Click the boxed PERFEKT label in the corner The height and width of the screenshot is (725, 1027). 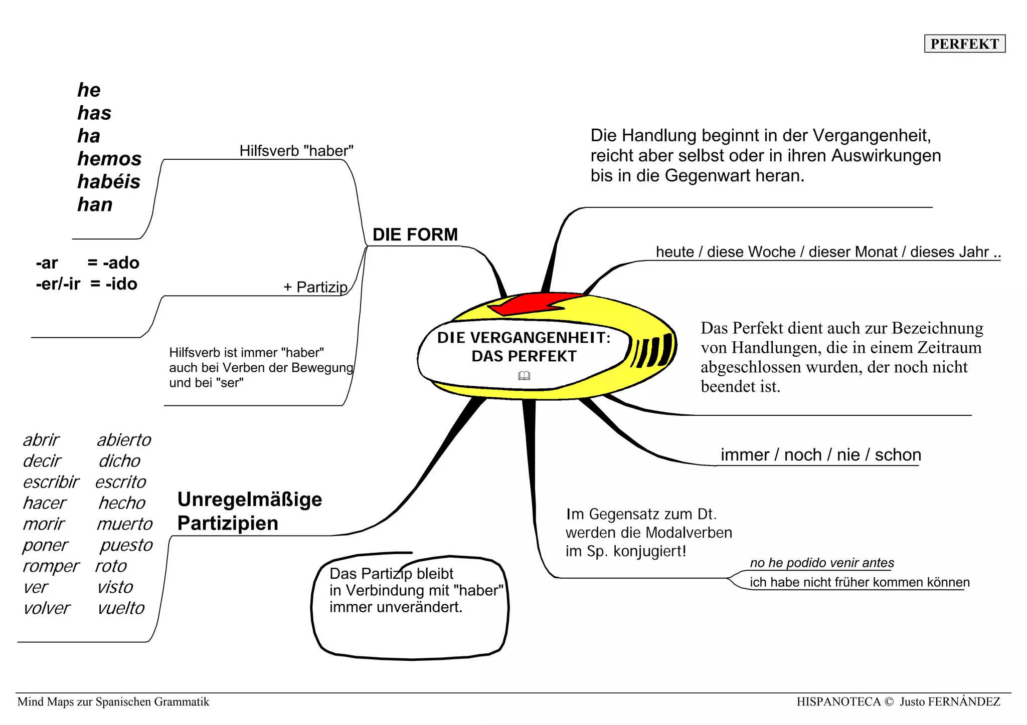tap(964, 44)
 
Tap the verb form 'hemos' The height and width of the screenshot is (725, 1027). tap(109, 159)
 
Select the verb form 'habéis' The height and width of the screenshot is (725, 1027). tap(109, 182)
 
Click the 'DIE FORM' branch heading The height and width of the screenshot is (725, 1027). tap(415, 234)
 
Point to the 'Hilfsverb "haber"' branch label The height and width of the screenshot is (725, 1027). tap(296, 151)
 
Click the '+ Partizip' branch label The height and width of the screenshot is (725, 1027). tap(315, 287)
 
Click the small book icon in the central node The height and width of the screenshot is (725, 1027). tap(524, 376)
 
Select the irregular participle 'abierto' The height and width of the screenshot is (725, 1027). tap(124, 440)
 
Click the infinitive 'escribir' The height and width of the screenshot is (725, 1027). tap(51, 482)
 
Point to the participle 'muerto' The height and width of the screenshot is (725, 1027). tap(124, 524)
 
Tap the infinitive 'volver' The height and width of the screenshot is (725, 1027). tap(47, 608)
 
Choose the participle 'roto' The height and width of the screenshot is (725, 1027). tap(111, 566)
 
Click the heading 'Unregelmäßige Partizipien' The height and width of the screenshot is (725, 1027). tap(249, 511)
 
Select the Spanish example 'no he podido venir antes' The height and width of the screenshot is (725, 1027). tap(821, 563)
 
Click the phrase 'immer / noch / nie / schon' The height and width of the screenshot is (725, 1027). tap(820, 455)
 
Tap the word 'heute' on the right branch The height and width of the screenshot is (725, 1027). tap(675, 252)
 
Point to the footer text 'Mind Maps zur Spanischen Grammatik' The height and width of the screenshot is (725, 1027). tap(113, 702)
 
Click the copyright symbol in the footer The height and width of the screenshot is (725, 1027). tap(889, 702)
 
